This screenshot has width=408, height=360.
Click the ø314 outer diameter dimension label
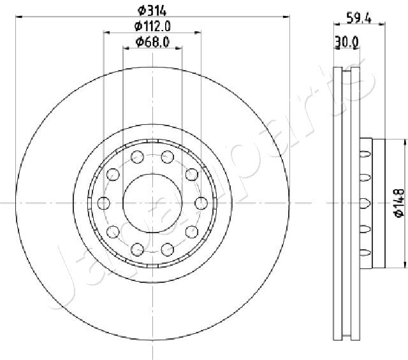[152, 11]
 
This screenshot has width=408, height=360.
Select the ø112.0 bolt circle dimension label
[152, 26]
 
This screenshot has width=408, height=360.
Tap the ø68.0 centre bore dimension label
[152, 42]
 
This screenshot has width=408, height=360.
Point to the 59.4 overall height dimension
[359, 18]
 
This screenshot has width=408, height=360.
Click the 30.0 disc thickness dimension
[347, 42]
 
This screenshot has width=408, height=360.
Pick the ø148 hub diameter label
[399, 203]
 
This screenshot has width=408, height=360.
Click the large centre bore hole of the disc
[152, 203]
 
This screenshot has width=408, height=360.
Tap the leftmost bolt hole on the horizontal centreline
[103, 203]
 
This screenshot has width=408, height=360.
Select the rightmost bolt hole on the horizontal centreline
[201, 203]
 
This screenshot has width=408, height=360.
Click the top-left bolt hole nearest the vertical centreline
[138, 157]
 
